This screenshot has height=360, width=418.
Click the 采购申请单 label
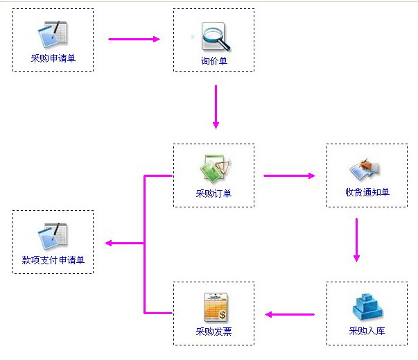53,58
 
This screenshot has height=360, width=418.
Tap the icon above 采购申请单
53,33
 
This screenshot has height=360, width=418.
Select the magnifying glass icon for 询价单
214,36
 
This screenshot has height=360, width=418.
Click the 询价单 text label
214,62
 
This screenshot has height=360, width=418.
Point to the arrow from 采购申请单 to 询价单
134,39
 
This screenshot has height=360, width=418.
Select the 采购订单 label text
214,194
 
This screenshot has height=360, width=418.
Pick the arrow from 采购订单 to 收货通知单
288,175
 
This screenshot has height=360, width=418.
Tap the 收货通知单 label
367,192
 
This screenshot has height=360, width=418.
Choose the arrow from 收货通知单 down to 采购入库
356,239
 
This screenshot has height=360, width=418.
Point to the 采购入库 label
367,331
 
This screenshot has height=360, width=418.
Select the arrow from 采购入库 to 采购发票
290,314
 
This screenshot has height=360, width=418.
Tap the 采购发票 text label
214,332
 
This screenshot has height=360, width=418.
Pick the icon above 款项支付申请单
53,236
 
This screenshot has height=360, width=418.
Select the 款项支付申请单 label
53,261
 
